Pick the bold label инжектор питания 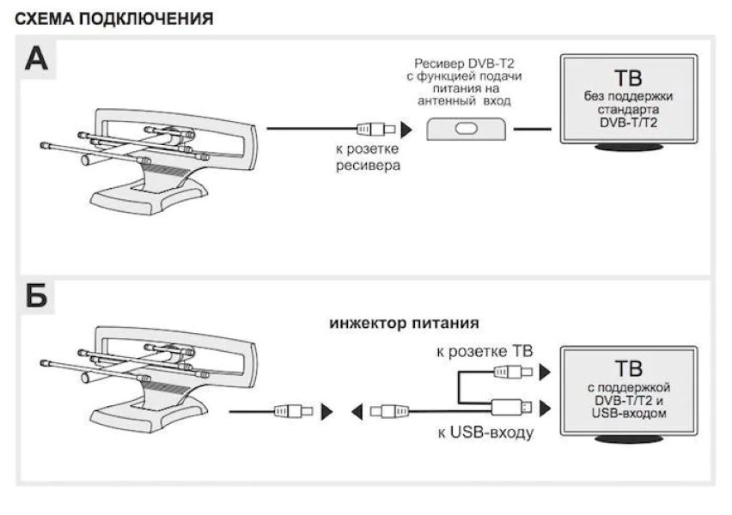pyautogui.click(x=403, y=324)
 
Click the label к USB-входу pyautogui.click(x=485, y=432)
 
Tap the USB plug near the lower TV pyautogui.click(x=514, y=406)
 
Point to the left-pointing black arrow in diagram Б pyautogui.click(x=356, y=412)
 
